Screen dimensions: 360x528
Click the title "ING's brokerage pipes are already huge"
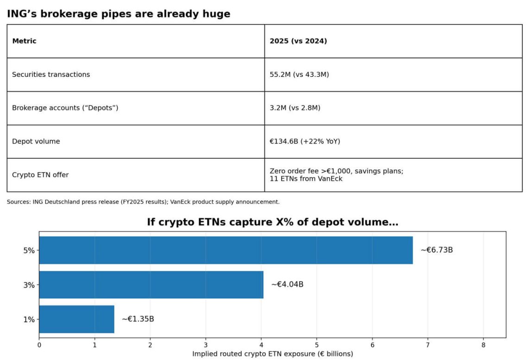(119, 14)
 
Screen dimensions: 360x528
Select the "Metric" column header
(24, 41)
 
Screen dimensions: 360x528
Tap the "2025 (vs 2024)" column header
(298, 41)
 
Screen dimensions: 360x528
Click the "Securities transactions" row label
(51, 74)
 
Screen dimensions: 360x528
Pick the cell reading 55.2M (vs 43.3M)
(299, 74)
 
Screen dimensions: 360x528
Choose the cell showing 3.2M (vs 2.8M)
(295, 108)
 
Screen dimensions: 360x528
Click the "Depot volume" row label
(36, 142)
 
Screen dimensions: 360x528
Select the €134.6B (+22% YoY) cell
(305, 142)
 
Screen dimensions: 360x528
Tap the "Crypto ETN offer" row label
(40, 175)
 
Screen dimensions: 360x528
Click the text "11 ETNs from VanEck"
(306, 179)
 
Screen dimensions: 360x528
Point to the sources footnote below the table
(143, 202)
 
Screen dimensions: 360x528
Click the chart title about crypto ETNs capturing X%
(272, 222)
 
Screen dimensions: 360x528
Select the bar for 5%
(226, 250)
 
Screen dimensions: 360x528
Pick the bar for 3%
(151, 285)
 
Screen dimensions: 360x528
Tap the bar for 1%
(76, 319)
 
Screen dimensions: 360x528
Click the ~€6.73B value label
(437, 250)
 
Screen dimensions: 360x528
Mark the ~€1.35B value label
(138, 319)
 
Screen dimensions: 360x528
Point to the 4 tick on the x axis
(261, 345)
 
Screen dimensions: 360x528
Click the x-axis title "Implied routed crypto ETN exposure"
(272, 354)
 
